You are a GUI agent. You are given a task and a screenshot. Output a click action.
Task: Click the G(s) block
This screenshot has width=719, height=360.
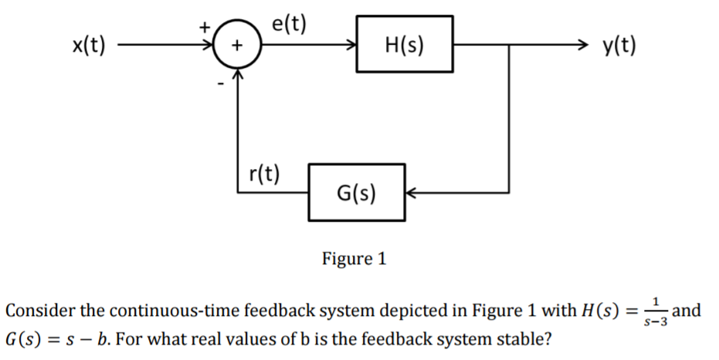tap(356, 191)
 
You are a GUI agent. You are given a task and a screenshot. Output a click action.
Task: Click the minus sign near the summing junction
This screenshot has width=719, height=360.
tap(219, 83)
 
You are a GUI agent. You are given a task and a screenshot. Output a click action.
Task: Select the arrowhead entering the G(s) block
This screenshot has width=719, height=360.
tap(412, 192)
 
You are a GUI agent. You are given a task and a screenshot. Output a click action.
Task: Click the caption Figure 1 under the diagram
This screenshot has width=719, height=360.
tap(354, 258)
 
